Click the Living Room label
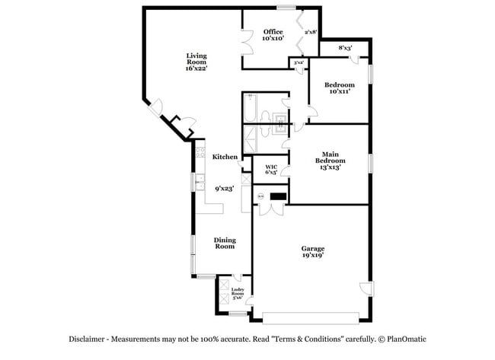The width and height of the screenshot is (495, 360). pyautogui.click(x=196, y=62)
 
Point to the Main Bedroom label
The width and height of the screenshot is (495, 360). pyautogui.click(x=331, y=161)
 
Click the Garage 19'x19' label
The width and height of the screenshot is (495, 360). pyautogui.click(x=313, y=253)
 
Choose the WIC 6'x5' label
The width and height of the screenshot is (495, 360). pyautogui.click(x=271, y=170)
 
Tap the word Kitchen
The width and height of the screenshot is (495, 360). pyautogui.click(x=225, y=157)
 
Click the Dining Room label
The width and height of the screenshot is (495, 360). pyautogui.click(x=224, y=244)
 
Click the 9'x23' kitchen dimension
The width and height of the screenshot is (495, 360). pyautogui.click(x=224, y=189)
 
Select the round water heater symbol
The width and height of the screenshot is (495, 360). pyautogui.click(x=260, y=197)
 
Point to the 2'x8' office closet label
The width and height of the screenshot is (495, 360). pyautogui.click(x=310, y=33)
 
